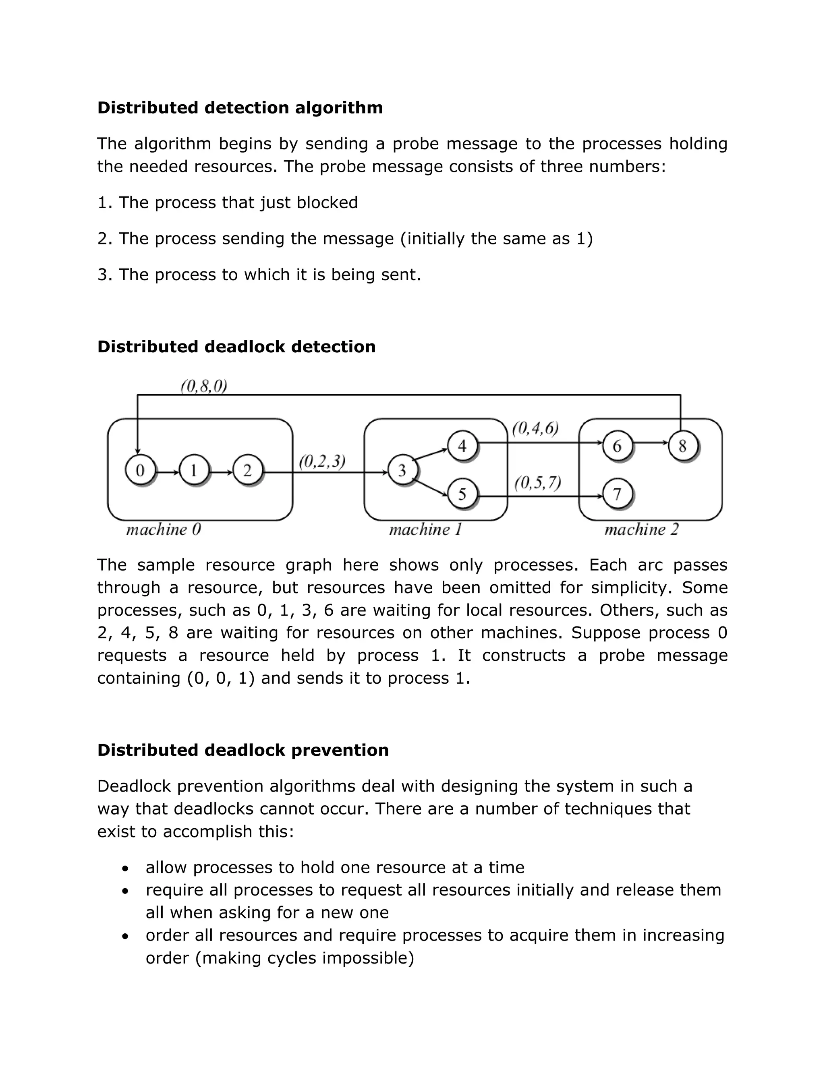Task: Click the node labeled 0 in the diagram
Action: (x=140, y=470)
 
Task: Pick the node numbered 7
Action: (x=617, y=494)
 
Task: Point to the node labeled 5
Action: (x=462, y=494)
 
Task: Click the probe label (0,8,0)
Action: (x=204, y=387)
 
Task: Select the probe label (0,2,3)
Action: (x=322, y=461)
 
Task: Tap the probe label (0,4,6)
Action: (x=535, y=428)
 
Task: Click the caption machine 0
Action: (x=163, y=529)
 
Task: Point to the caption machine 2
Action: (x=641, y=529)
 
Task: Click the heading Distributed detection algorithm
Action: (x=240, y=108)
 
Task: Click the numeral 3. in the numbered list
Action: (x=105, y=275)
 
